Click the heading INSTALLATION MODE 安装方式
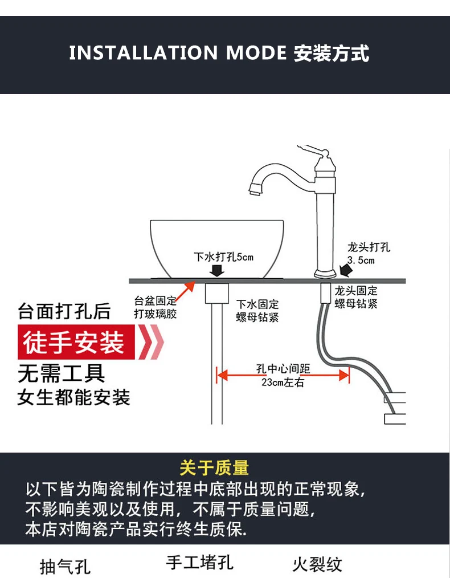point(219,53)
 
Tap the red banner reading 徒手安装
point(74,343)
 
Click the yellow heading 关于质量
point(214,468)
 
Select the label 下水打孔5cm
point(223,257)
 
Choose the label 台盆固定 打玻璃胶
point(155,307)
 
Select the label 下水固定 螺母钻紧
point(257,311)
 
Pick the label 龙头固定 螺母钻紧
point(356,297)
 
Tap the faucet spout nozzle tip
point(254,189)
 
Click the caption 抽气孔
point(65,567)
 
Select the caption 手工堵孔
point(200,563)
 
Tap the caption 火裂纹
point(317,564)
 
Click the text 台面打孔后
point(64,312)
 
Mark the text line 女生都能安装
point(73,397)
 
